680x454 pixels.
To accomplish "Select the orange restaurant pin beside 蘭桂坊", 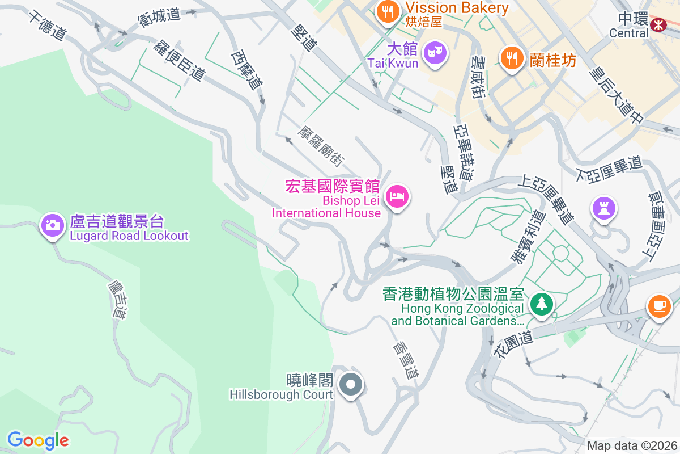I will pos(512,58).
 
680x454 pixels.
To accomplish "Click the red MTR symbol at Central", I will pos(658,24).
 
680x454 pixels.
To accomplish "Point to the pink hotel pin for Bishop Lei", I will pos(397,197).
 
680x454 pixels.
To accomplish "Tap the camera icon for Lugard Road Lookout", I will pos(53,225).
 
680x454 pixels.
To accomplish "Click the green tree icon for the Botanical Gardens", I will pos(542,303).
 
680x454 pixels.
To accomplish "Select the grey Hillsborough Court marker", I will pos(351,385).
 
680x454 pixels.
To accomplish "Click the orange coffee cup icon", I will pos(659,306).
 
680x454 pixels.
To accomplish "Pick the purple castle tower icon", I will pos(604,208).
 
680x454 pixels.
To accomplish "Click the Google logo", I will pos(38,440).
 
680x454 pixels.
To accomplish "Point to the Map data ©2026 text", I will pos(632,445).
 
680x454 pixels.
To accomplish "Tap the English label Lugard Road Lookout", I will pos(129,236).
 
